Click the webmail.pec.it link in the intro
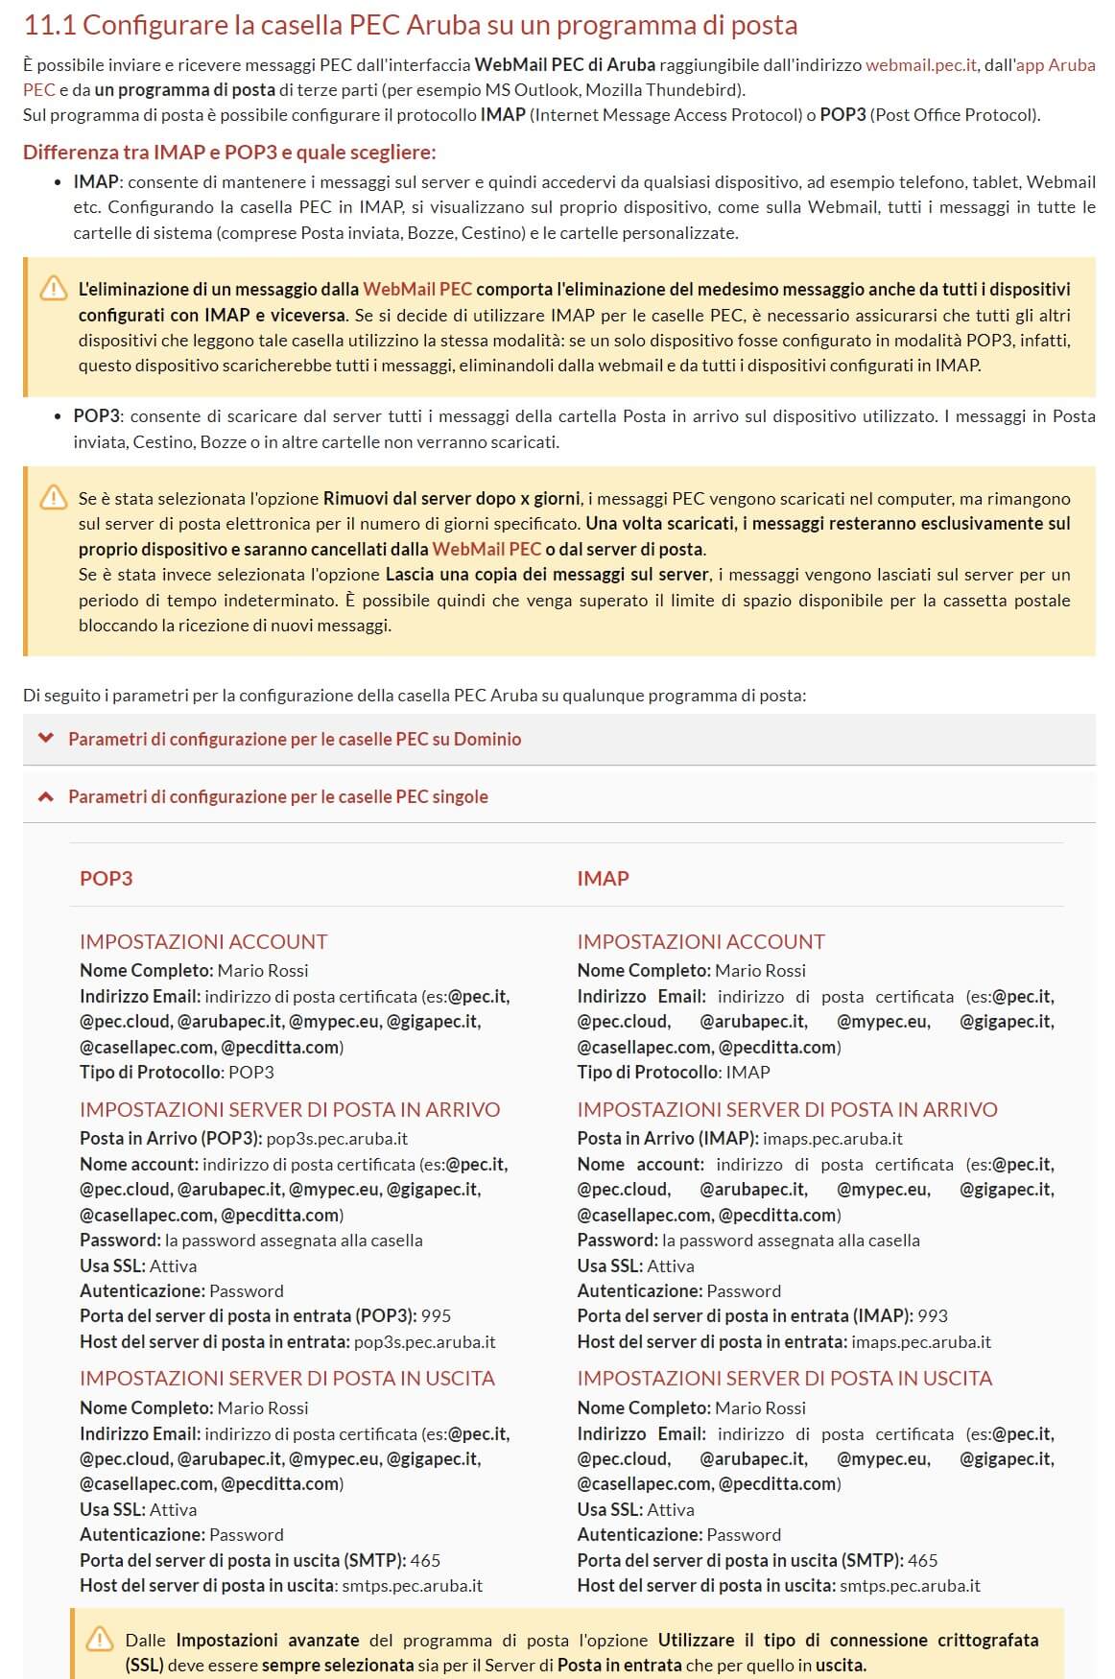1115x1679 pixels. point(920,65)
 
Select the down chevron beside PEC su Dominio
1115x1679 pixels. point(44,739)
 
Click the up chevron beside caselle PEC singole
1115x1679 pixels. point(44,796)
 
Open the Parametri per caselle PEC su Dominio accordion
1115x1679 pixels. point(294,739)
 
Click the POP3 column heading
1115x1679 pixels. point(106,878)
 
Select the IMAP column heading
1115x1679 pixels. point(603,878)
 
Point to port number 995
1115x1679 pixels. point(436,1315)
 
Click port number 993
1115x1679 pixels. point(933,1315)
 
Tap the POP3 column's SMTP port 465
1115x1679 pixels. point(425,1560)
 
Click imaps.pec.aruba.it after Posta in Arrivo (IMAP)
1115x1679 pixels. point(832,1138)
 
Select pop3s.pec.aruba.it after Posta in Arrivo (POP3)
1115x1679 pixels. point(337,1138)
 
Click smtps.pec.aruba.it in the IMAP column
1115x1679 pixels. point(910,1585)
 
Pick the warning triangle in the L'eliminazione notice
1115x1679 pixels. point(53,288)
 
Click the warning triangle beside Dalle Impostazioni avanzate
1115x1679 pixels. point(99,1640)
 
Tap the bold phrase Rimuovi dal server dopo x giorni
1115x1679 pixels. point(451,499)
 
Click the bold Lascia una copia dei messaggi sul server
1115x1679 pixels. point(547,575)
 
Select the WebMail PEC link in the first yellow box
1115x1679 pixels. point(416,289)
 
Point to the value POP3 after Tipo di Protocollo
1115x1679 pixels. point(250,1072)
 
